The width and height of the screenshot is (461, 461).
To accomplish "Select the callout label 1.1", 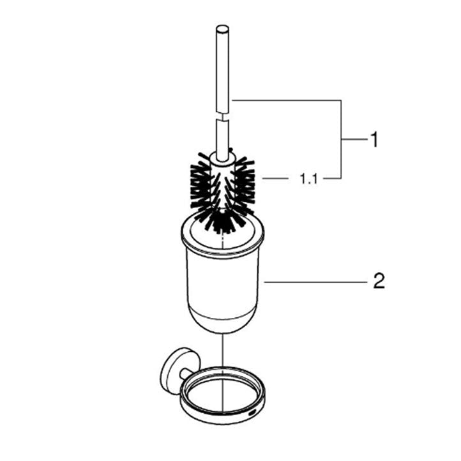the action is (x=308, y=179).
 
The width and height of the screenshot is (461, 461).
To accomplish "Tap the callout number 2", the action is (x=379, y=281).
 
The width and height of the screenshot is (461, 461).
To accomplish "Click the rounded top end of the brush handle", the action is (x=222, y=29).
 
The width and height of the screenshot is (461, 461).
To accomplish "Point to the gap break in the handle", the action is (x=223, y=117).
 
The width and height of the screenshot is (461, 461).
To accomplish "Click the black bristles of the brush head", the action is (x=223, y=191).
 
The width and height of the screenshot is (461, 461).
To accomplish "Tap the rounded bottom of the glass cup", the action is (x=223, y=323).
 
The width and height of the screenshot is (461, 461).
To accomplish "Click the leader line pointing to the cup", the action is (x=315, y=282).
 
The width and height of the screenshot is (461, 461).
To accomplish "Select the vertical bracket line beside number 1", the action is (x=341, y=139).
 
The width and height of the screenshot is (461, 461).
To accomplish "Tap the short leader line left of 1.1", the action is (x=275, y=178).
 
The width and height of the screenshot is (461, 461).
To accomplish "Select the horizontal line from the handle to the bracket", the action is (x=286, y=100).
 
